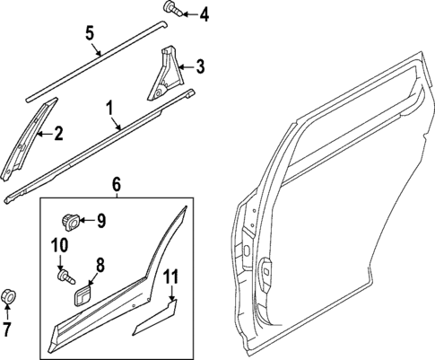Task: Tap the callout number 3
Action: [201, 66]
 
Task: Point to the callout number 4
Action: [204, 13]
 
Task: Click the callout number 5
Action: [90, 35]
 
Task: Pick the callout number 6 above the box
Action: [116, 184]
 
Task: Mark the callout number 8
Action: [100, 265]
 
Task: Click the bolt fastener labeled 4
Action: [171, 11]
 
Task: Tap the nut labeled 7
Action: [9, 294]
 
